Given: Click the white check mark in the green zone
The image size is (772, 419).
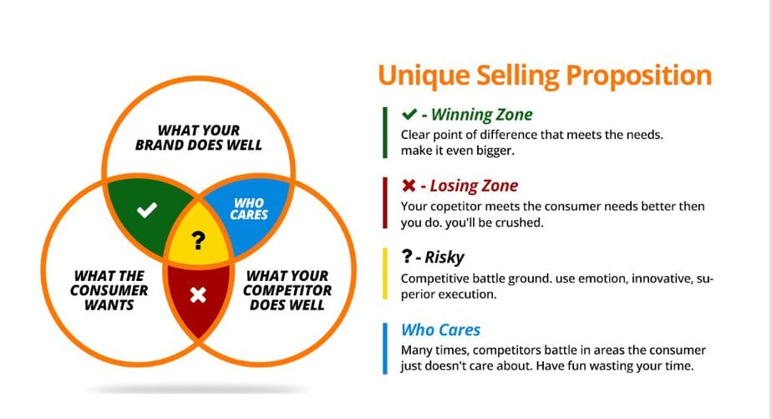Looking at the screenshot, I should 147,210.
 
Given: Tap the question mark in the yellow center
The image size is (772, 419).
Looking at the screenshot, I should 197,242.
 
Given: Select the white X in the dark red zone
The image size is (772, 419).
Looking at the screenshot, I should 197,294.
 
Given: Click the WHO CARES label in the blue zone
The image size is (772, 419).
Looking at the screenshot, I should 250,208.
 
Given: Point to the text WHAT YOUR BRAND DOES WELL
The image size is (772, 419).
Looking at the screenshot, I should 198,137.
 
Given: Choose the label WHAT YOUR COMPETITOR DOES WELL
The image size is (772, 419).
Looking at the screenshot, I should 287,290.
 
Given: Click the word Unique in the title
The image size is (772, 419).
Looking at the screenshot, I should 418,75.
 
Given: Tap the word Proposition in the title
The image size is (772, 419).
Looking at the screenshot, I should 640,75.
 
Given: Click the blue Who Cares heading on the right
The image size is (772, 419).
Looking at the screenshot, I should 440,330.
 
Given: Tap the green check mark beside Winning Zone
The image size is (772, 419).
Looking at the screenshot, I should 409,115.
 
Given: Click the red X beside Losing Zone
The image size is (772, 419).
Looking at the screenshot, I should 409,186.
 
